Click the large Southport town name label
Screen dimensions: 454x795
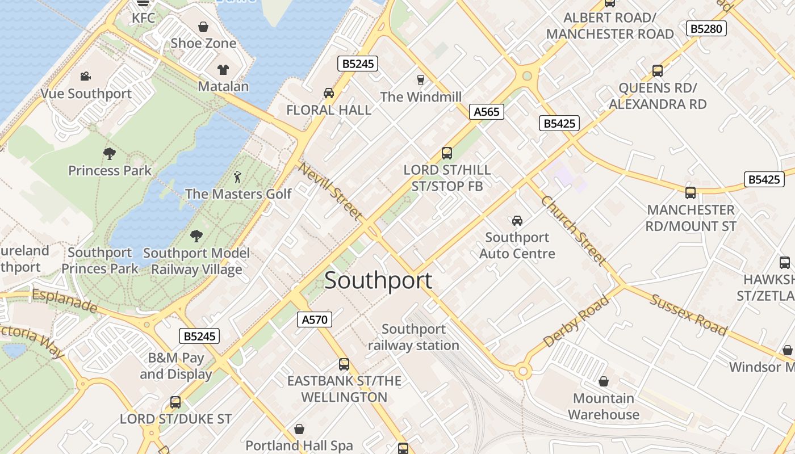(378, 280)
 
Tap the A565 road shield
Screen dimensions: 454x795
(487, 112)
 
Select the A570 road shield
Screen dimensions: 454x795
(315, 320)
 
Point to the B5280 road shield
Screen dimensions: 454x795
(706, 28)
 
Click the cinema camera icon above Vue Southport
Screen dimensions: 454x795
(86, 76)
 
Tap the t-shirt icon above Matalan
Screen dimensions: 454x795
(223, 69)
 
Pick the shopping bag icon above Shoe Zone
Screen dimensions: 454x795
(203, 27)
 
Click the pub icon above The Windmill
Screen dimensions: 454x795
(421, 79)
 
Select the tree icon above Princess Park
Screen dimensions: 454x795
(110, 153)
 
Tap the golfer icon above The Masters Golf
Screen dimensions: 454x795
(238, 176)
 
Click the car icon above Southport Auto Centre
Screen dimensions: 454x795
(517, 220)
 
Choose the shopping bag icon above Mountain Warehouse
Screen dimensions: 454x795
(603, 381)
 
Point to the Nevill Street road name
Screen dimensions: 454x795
(330, 191)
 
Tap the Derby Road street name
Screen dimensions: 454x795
(576, 321)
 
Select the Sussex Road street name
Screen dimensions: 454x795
(688, 314)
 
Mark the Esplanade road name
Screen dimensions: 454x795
(65, 301)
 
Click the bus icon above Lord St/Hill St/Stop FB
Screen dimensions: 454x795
(447, 153)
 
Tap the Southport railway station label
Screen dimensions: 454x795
(413, 337)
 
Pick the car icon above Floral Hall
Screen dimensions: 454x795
(328, 93)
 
